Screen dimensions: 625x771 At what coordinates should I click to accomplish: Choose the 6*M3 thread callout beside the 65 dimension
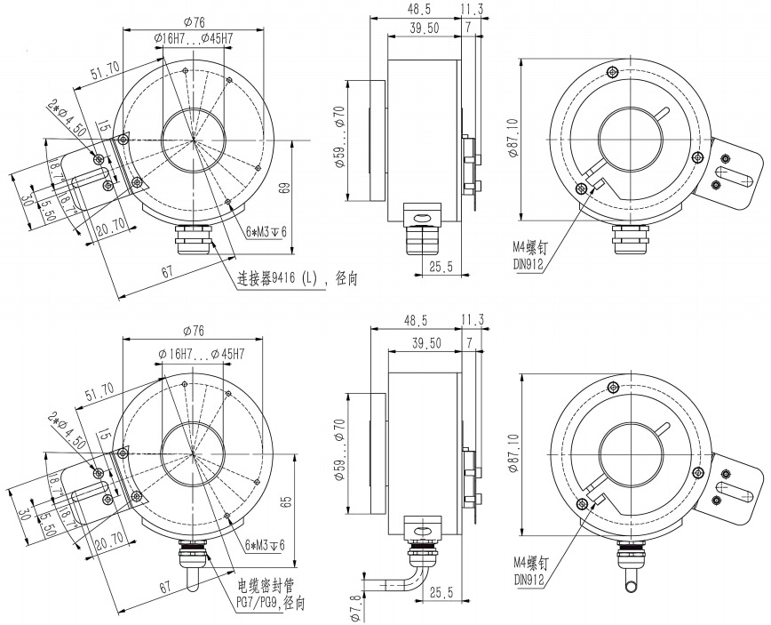pyautogui.click(x=264, y=545)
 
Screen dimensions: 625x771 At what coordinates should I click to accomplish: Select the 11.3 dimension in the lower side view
pyautogui.click(x=473, y=320)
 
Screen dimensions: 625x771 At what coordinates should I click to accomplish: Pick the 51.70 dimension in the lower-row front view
pyautogui.click(x=98, y=389)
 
